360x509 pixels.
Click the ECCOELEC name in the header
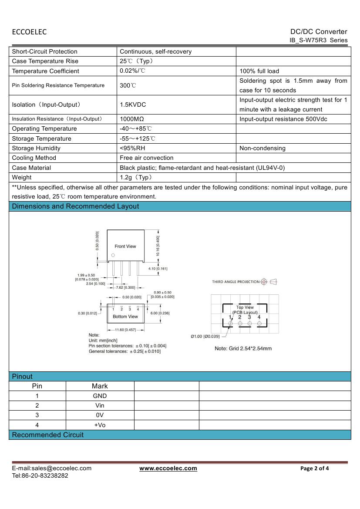pyautogui.click(x=29, y=32)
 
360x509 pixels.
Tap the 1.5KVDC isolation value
pyautogui.click(x=133, y=105)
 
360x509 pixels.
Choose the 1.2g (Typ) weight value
pyautogui.click(x=136, y=177)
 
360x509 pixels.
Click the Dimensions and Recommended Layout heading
pyautogui.click(x=75, y=206)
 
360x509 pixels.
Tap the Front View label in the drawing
pyautogui.click(x=125, y=246)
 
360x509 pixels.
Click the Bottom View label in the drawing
pyautogui.click(x=125, y=317)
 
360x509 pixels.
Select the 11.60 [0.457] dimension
pyautogui.click(x=125, y=330)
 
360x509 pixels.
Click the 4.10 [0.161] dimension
pyautogui.click(x=158, y=269)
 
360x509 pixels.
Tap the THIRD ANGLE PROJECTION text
pyautogui.click(x=236, y=282)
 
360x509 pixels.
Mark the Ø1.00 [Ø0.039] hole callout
pyautogui.click(x=205, y=336)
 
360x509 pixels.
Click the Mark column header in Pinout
pyautogui.click(x=100, y=386)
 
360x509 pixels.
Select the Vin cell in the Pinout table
pyautogui.click(x=100, y=405)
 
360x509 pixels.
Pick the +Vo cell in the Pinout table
pyautogui.click(x=100, y=425)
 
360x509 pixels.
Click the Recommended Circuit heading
pyautogui.click(x=48, y=435)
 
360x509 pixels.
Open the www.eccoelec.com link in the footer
pyautogui.click(x=168, y=469)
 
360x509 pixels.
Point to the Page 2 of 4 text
pyautogui.click(x=315, y=469)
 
